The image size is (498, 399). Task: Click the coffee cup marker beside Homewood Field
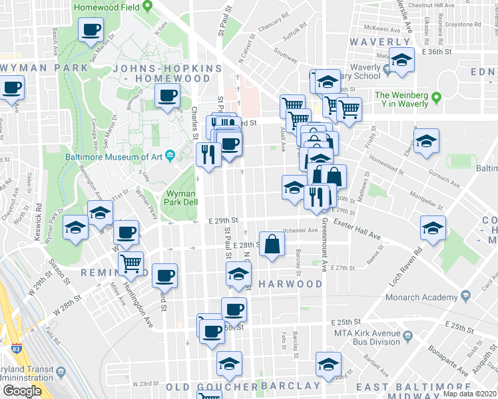(91, 30)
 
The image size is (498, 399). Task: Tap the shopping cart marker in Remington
(131, 263)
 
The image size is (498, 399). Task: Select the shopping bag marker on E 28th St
(272, 243)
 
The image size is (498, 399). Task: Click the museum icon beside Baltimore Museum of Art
(171, 157)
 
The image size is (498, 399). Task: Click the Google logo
(22, 391)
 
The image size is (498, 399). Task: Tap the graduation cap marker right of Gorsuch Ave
(426, 142)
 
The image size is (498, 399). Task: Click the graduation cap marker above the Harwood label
(238, 275)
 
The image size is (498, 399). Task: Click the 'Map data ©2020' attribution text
(470, 394)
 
